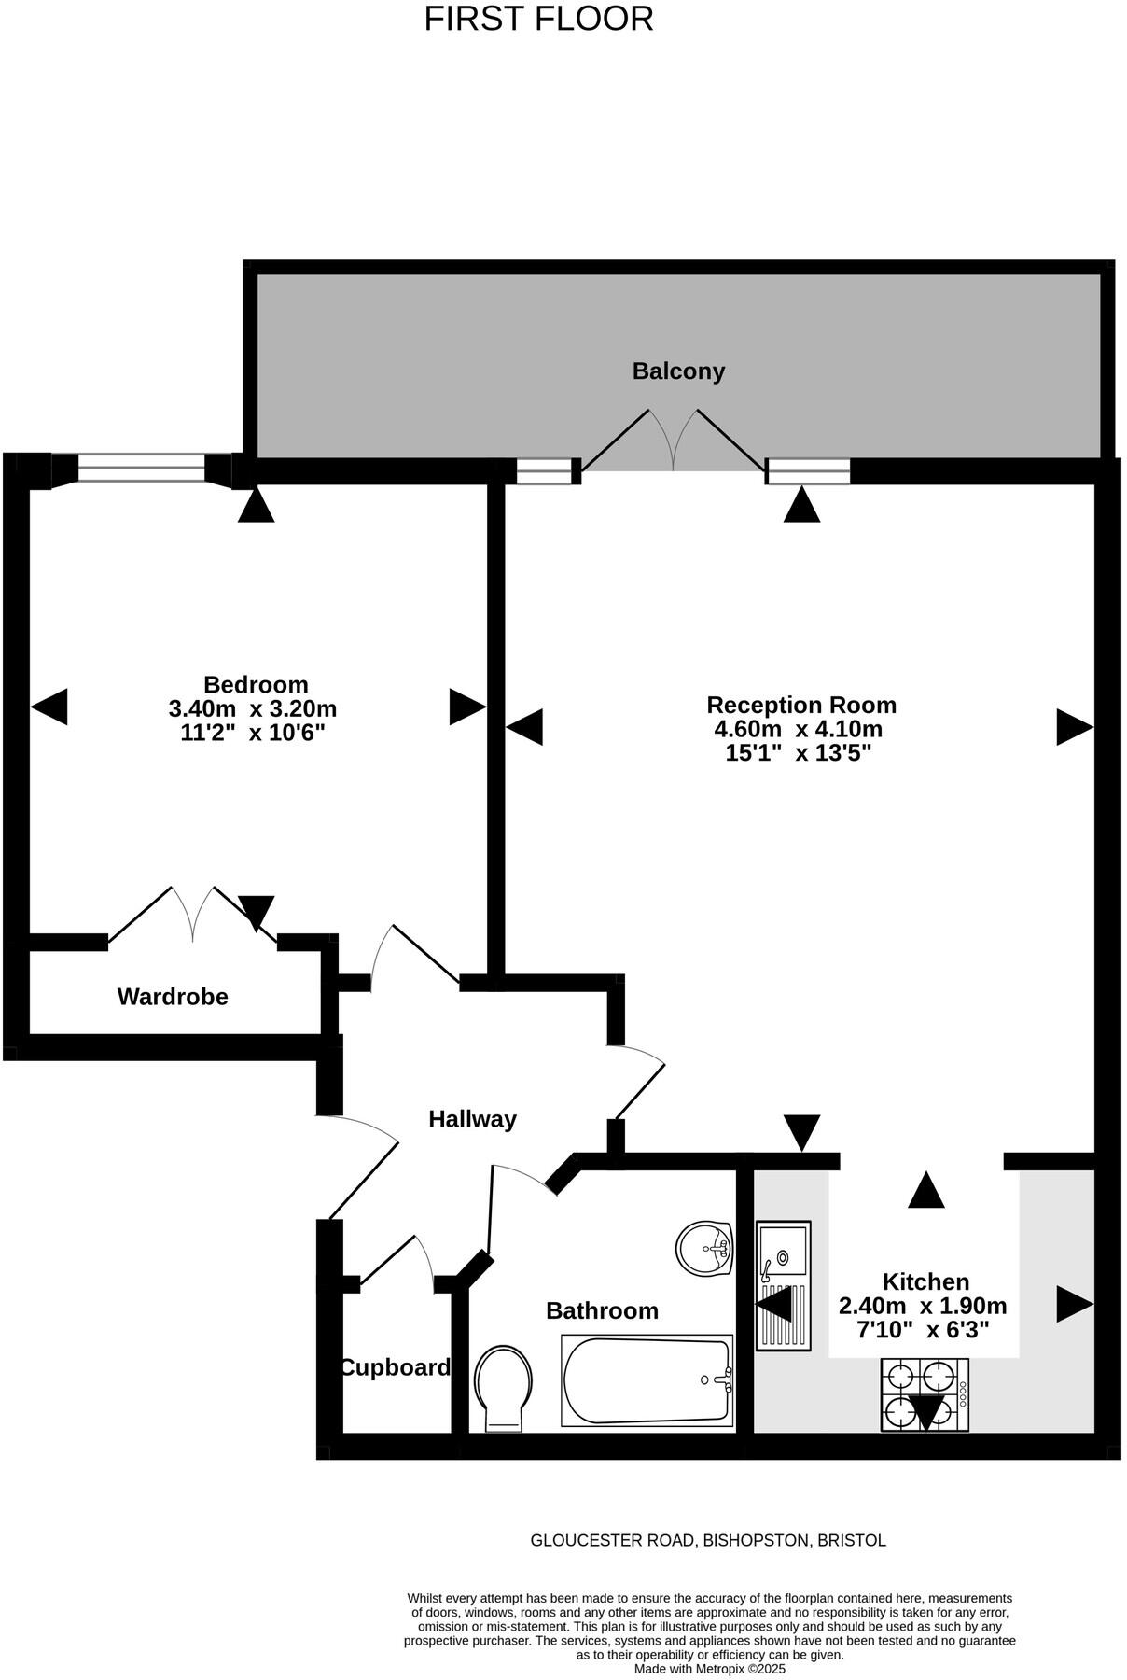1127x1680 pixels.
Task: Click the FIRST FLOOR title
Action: click(x=538, y=19)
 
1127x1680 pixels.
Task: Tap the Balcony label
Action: click(x=678, y=371)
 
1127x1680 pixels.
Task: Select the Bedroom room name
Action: click(x=256, y=684)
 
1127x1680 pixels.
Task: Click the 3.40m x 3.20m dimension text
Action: click(x=252, y=708)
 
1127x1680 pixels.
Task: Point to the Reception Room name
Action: click(x=800, y=705)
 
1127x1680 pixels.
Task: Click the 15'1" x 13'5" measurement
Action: click(x=798, y=753)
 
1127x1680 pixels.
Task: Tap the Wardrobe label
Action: click(x=173, y=997)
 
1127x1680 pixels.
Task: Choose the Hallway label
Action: click(x=472, y=1119)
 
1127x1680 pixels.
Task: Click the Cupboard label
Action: click(x=395, y=1367)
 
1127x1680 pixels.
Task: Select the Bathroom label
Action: click(x=602, y=1310)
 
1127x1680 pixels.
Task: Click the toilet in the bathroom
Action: click(x=503, y=1387)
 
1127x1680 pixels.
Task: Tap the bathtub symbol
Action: click(x=647, y=1380)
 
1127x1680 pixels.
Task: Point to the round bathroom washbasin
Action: click(x=704, y=1248)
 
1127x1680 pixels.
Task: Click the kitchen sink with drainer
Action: click(x=783, y=1285)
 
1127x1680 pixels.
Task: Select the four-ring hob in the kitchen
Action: click(x=925, y=1394)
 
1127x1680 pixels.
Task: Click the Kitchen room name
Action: click(x=925, y=1281)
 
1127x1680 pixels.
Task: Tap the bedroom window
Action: click(x=141, y=468)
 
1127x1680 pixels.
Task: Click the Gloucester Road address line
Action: click(x=708, y=1540)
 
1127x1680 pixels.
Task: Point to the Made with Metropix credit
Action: click(x=710, y=1669)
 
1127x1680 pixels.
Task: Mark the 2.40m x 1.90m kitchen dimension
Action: click(x=923, y=1306)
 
